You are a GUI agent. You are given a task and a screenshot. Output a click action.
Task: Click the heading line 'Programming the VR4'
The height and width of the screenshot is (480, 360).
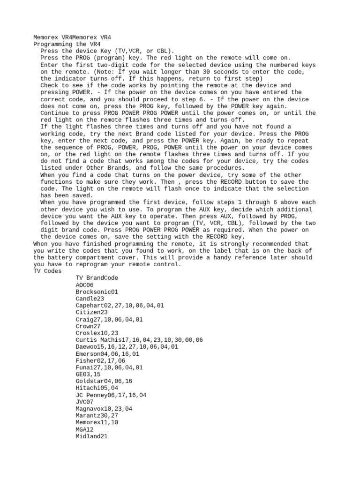pos(67,44)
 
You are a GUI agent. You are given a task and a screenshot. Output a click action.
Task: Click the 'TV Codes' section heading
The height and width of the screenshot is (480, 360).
pos(47,271)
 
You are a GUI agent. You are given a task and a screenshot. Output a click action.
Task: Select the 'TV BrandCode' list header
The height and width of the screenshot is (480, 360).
pos(97,278)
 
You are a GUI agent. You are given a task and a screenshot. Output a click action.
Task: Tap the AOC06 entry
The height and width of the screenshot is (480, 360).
pos(84,285)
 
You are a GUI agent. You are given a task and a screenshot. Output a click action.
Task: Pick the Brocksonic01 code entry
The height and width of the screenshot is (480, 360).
pos(97,292)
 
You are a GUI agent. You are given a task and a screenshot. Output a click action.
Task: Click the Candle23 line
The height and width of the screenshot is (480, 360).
pos(90,299)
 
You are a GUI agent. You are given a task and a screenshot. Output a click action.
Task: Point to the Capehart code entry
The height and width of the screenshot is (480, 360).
pos(120,305)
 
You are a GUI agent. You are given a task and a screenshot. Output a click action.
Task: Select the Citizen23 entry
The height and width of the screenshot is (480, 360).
pos(91,312)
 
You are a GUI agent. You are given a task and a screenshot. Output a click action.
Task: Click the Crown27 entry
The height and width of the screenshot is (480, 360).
pos(88,326)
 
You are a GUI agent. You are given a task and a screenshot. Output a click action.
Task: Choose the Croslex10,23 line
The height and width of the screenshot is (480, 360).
pos(97,333)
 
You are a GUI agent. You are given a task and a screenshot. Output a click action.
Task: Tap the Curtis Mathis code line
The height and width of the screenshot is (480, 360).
pos(139,340)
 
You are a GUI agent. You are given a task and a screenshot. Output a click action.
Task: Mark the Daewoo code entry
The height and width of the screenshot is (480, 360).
pos(127,347)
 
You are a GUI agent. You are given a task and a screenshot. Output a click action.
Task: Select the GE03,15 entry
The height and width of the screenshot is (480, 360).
pos(88,375)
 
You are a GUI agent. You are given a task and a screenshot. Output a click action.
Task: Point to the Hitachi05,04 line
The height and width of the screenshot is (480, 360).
pos(97,388)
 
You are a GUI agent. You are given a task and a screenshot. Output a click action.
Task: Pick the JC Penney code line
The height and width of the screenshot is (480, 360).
pos(111,395)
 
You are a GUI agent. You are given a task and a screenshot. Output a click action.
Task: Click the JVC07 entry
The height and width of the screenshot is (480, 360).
pos(84,402)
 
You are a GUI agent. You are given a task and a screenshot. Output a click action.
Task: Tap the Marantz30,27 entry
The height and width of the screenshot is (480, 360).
pos(97,416)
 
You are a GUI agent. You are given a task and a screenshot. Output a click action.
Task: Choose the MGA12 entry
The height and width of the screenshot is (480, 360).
pos(84,429)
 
